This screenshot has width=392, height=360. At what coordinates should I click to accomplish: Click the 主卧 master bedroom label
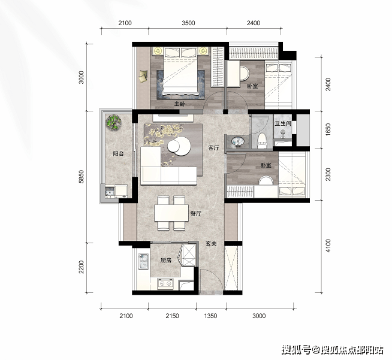[180, 104]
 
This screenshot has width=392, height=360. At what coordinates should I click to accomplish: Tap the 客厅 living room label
[213, 148]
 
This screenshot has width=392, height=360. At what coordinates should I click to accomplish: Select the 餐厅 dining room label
[196, 214]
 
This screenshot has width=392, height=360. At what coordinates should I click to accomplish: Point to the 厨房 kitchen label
[166, 261]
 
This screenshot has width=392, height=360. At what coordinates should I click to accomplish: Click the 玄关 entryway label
[211, 243]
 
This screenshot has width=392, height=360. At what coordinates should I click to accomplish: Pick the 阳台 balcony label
[118, 153]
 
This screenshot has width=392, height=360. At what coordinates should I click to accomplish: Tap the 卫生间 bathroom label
[283, 123]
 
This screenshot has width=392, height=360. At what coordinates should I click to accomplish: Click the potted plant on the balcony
[113, 122]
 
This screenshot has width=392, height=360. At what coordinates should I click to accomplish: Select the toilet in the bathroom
[262, 141]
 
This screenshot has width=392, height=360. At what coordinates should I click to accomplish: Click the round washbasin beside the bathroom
[237, 141]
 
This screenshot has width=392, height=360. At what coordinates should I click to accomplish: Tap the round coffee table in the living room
[179, 146]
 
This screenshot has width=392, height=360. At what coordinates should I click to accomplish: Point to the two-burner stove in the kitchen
[165, 283]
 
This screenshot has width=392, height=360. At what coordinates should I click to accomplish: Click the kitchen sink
[143, 262]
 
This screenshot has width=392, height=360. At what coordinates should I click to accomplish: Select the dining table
[171, 213]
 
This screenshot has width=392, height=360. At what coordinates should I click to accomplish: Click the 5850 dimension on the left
[82, 177]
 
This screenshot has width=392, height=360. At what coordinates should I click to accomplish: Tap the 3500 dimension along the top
[188, 23]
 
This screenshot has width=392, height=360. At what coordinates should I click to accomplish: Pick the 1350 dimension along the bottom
[210, 316]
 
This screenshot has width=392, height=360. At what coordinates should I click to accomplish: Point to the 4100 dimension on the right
[328, 246]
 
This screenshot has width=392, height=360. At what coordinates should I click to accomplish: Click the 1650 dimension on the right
[328, 129]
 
